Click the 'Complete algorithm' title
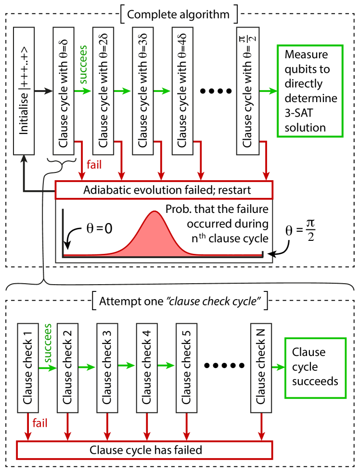pyautogui.click(x=178, y=14)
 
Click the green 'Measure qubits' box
pyautogui.click(x=309, y=91)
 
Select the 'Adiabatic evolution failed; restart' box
pyautogui.click(x=164, y=190)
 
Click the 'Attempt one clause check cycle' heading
pyautogui.click(x=180, y=302)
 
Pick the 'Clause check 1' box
pyautogui.click(x=27, y=368)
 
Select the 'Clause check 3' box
pyautogui.click(x=107, y=368)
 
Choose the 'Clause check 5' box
pyautogui.click(x=186, y=368)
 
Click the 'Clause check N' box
pyautogui.click(x=261, y=368)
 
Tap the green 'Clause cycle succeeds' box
pyautogui.click(x=315, y=368)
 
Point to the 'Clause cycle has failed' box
pyautogui.click(x=145, y=450)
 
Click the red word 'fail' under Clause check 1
pyautogui.click(x=39, y=424)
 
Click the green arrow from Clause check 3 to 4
pyautogui.click(x=127, y=367)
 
